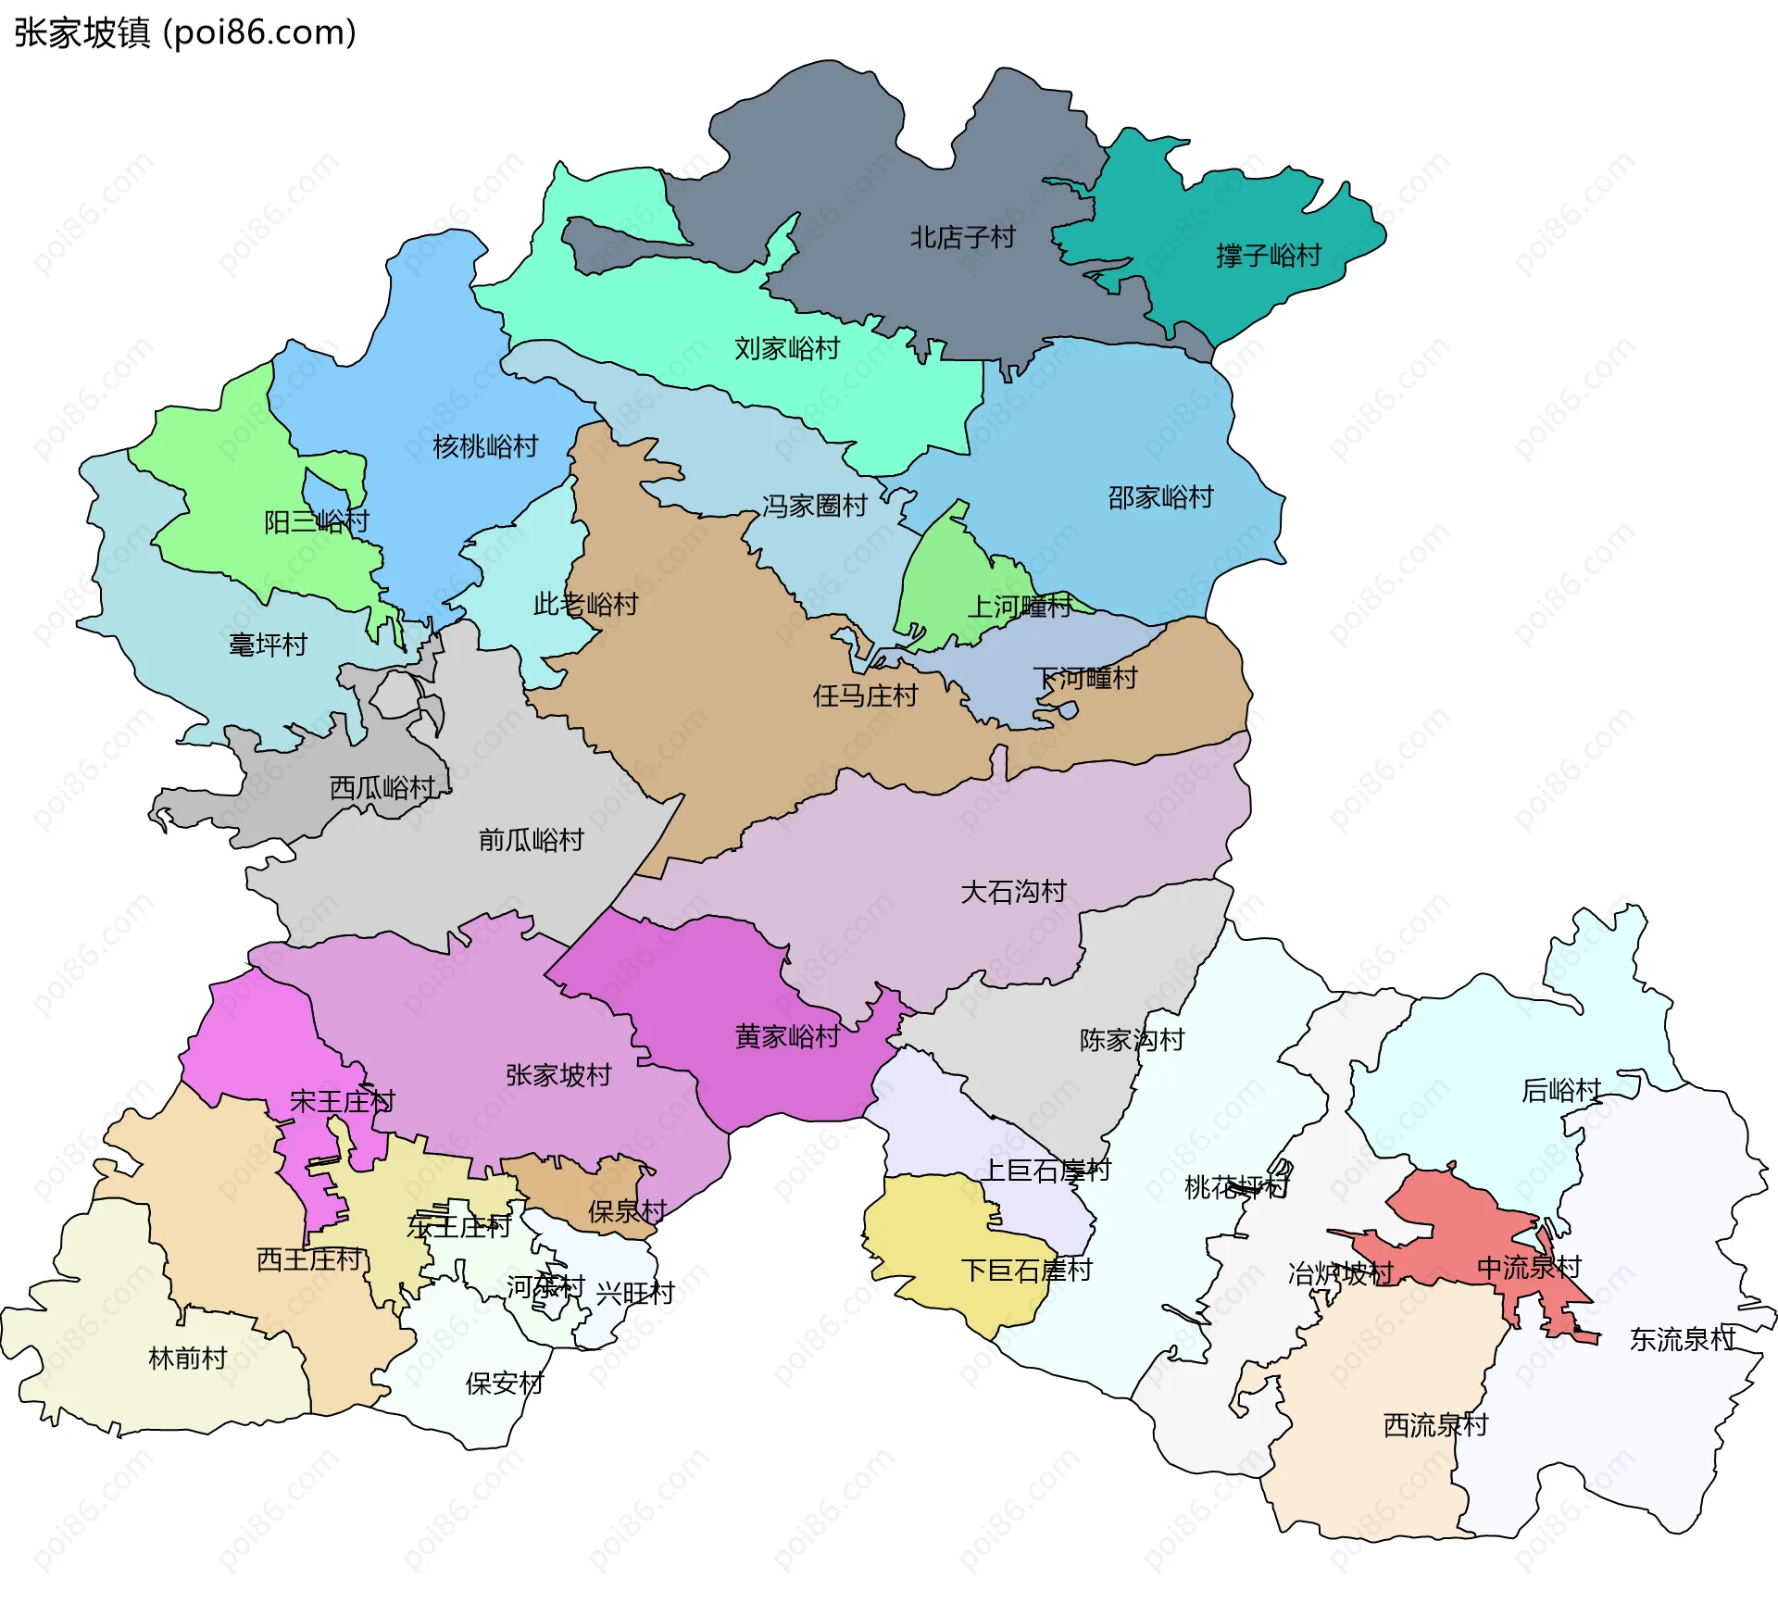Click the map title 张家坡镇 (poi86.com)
tap(185, 33)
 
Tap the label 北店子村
tap(962, 238)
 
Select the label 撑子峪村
tap(1268, 256)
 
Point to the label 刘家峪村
tap(787, 349)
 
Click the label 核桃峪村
tap(485, 447)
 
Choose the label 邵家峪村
tap(1160, 498)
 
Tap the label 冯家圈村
tap(814, 507)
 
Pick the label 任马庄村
tap(865, 696)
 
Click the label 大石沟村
tap(1013, 893)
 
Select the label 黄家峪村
tap(787, 1037)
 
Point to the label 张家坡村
tap(558, 1076)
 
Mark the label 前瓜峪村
tap(531, 841)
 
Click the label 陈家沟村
tap(1132, 1041)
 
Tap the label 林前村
tap(188, 1359)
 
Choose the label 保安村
tap(504, 1384)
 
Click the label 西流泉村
tap(1435, 1426)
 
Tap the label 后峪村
tap(1561, 1091)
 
